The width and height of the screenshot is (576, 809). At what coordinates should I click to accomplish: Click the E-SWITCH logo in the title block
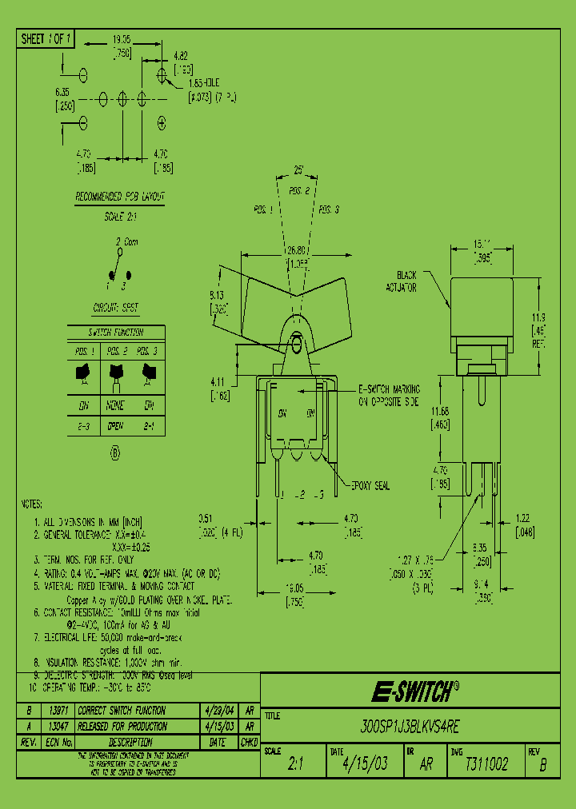pos(415,691)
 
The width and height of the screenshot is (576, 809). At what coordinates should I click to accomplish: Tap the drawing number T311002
pos(486,764)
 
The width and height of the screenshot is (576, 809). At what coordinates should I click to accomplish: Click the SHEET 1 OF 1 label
pos(46,38)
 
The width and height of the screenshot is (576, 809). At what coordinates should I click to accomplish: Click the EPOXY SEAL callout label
pos(370,485)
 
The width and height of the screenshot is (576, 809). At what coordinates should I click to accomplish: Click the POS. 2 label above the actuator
pos(298,191)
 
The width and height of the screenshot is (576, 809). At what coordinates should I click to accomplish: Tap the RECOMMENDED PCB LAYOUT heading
pos(120,197)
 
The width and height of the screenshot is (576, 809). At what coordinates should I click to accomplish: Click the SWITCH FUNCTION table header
pos(116,332)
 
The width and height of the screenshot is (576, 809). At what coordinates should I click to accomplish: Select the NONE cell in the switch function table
pos(116,404)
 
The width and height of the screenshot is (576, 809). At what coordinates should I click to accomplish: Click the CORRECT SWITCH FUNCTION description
pos(128,710)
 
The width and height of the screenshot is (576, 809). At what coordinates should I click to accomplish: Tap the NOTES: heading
pos(31,505)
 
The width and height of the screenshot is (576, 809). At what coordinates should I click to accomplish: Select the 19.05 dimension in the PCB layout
pos(122,38)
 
